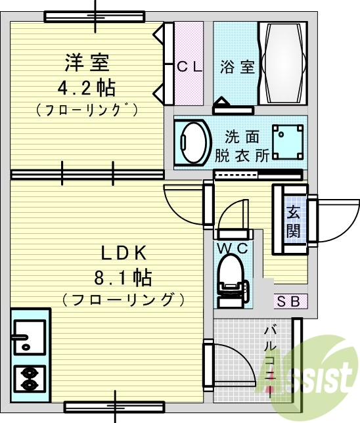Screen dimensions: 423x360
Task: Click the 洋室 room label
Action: tap(86, 64)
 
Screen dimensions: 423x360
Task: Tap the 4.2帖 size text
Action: tap(86, 87)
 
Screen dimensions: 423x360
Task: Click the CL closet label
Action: tap(189, 66)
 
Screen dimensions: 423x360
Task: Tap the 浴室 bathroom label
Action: tap(237, 66)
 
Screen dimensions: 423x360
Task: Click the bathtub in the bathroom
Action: tap(282, 63)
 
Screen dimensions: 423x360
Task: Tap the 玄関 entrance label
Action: tap(293, 221)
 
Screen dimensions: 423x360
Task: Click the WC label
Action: tap(233, 247)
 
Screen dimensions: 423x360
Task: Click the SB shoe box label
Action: tap(290, 301)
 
